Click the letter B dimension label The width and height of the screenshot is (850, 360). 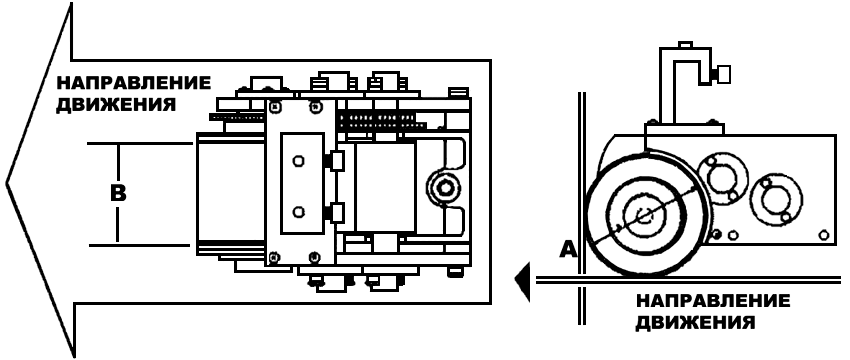tap(118, 193)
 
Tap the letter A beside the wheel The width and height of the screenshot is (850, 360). tap(568, 248)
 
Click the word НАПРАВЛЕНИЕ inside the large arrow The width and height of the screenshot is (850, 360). tap(133, 83)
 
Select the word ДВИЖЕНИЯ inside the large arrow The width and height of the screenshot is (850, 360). tap(116, 104)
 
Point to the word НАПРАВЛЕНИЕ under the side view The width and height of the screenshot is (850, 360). tap(712, 301)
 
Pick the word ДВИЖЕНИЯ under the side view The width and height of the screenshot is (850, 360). tap(695, 323)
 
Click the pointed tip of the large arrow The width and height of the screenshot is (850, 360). tap(7, 182)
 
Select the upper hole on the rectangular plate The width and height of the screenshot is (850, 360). tap(297, 161)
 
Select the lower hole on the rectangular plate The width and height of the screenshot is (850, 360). tap(297, 212)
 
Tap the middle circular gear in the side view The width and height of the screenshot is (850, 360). tap(723, 178)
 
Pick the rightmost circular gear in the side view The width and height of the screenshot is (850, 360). tap(776, 200)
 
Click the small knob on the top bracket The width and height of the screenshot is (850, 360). tap(723, 74)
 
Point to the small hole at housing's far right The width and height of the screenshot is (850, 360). tap(824, 235)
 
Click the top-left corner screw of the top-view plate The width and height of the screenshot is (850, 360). tap(275, 107)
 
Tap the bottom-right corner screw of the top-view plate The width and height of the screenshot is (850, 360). tap(313, 256)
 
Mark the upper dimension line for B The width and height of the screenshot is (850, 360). tap(140, 144)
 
